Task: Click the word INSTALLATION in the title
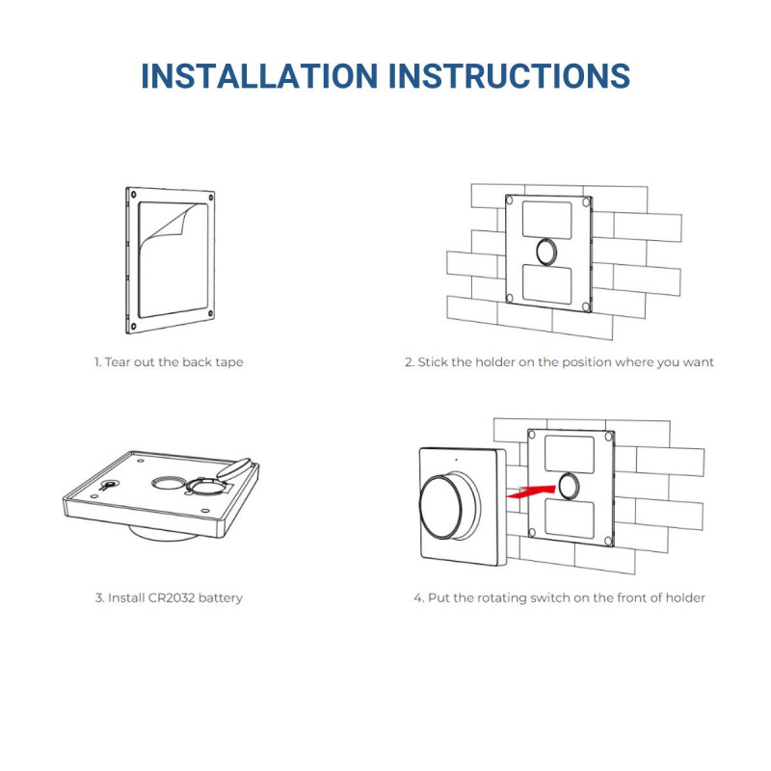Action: pyautogui.click(x=259, y=76)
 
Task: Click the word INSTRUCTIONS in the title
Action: pyautogui.click(x=509, y=76)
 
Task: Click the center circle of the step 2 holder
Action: pyautogui.click(x=548, y=253)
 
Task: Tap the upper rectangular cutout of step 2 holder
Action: pyautogui.click(x=548, y=220)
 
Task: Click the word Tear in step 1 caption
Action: pyautogui.click(x=119, y=362)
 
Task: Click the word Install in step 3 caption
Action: pyautogui.click(x=126, y=598)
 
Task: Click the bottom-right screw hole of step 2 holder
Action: pyautogui.click(x=586, y=306)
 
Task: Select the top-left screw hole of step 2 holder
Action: pyautogui.click(x=512, y=200)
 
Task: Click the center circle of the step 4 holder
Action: pyautogui.click(x=569, y=484)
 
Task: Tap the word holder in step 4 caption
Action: pyautogui.click(x=683, y=598)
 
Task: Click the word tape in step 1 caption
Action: pyautogui.click(x=227, y=362)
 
